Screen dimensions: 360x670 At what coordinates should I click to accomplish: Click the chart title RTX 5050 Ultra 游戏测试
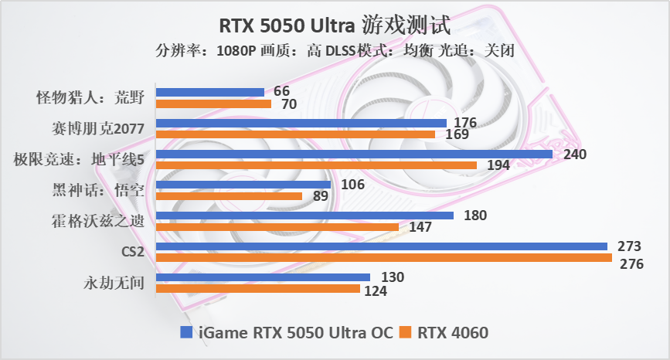335,25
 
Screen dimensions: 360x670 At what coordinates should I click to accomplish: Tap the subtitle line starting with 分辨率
335,51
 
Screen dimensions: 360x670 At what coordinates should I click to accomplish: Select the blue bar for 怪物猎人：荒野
210,92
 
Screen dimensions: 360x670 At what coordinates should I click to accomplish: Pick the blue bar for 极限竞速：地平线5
354,154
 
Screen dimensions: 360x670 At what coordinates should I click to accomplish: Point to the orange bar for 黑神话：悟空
229,196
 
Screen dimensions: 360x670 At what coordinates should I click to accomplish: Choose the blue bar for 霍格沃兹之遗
304,216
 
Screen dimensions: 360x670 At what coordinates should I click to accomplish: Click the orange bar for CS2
384,257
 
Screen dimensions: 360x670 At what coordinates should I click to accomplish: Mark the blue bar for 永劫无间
263,277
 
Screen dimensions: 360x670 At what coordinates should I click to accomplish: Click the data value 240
575,154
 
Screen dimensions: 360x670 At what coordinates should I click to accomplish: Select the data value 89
318,198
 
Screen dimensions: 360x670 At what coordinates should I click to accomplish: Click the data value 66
281,91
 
